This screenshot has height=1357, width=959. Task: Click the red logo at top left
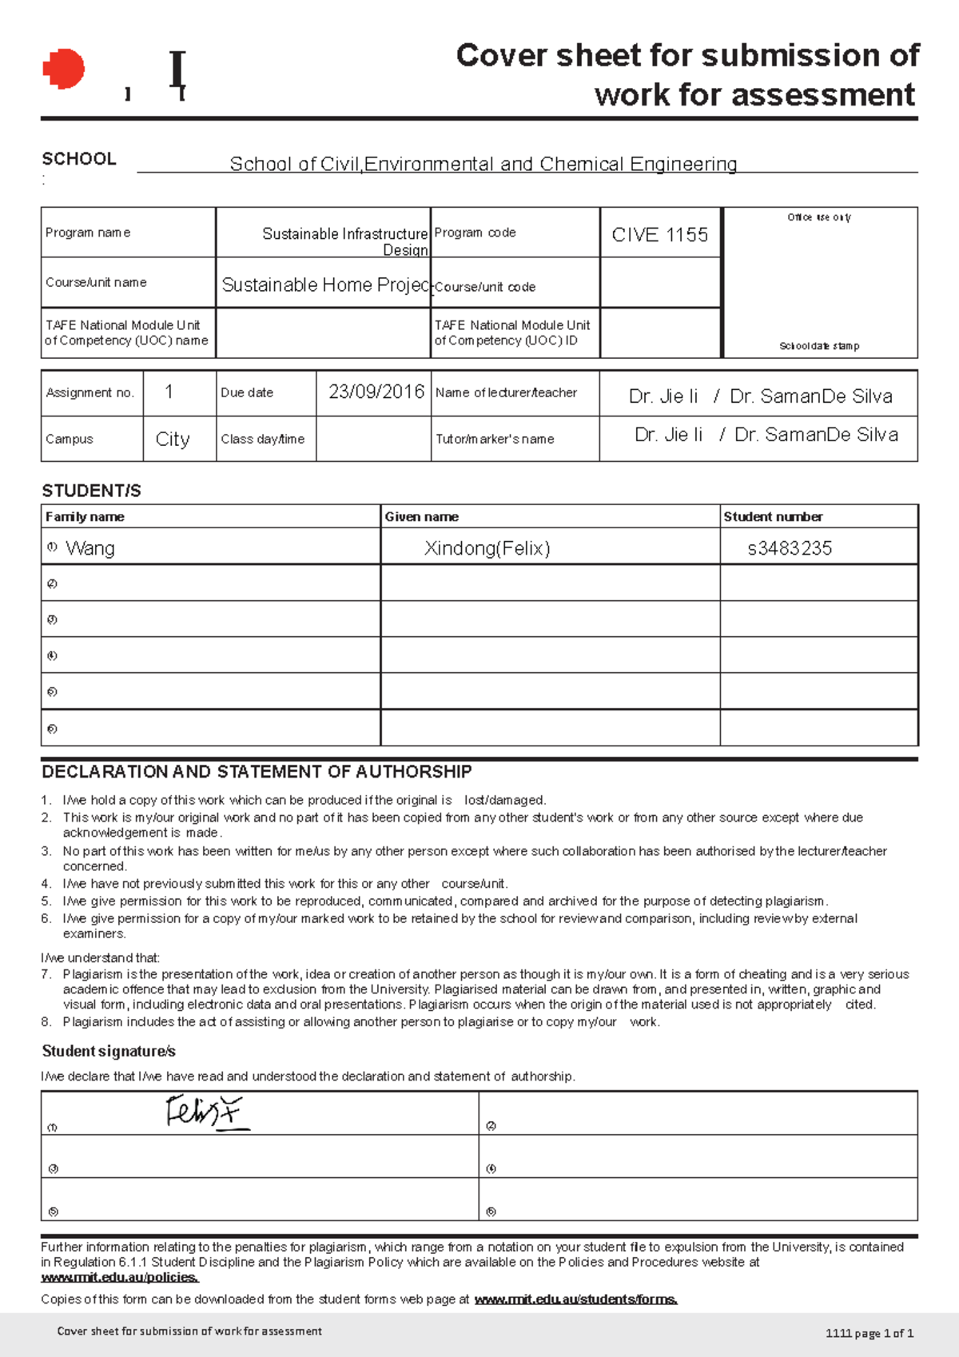(64, 69)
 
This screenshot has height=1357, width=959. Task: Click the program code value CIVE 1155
(659, 235)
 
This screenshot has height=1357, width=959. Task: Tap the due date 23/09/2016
(376, 392)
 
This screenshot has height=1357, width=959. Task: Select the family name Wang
(90, 548)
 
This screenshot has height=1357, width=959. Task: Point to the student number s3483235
(789, 548)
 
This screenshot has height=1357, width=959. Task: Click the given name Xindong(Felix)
(487, 548)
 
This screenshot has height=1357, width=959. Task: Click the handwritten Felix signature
(204, 1112)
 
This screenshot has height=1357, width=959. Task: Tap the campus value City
(173, 439)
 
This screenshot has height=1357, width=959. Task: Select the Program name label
(88, 233)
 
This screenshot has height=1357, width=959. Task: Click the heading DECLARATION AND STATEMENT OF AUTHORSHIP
(257, 772)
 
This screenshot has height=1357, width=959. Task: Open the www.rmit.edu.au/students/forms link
(575, 1299)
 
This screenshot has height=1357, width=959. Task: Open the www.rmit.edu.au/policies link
(120, 1278)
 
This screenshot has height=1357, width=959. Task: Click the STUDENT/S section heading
(91, 491)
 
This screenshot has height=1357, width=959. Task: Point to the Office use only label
(819, 217)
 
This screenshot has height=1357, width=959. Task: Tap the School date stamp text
(819, 346)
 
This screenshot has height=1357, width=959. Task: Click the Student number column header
(773, 517)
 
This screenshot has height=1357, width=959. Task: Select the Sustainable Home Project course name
(325, 285)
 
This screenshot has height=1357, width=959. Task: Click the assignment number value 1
(169, 392)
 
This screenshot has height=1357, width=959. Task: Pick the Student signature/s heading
(109, 1052)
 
